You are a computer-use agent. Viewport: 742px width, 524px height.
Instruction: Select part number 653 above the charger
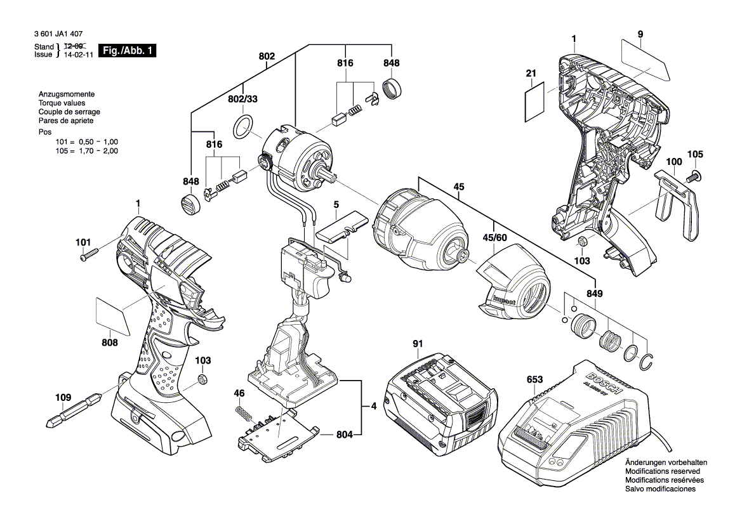(534, 379)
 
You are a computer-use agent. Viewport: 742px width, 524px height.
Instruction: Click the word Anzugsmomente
(67, 93)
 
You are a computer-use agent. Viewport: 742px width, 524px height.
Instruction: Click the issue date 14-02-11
(75, 55)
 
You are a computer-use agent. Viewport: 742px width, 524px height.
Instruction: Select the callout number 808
(110, 343)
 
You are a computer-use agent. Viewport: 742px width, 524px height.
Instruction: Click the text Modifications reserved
(663, 472)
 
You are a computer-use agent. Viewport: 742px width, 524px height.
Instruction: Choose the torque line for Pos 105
(87, 151)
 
